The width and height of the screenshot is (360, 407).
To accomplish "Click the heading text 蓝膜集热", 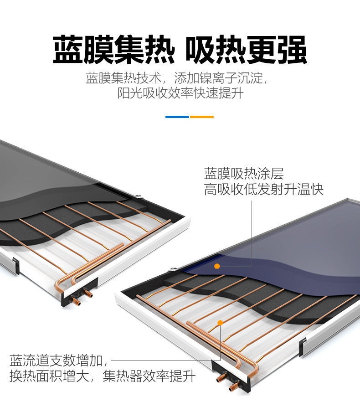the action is (x=113, y=49).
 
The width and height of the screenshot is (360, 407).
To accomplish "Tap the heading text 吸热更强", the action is (x=246, y=49).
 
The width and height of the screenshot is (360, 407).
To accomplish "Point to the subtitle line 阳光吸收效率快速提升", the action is (x=180, y=93).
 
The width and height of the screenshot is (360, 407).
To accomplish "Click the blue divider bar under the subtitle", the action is (x=177, y=117).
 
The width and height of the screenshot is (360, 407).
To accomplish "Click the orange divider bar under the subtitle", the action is (x=202, y=117).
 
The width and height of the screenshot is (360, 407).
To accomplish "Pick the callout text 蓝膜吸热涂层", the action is (x=244, y=174).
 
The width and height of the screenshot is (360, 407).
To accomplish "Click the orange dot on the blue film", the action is (x=217, y=266).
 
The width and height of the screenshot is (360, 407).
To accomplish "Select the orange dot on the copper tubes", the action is (x=220, y=323).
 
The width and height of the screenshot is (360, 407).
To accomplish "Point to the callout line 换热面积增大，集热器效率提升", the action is (x=103, y=376).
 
